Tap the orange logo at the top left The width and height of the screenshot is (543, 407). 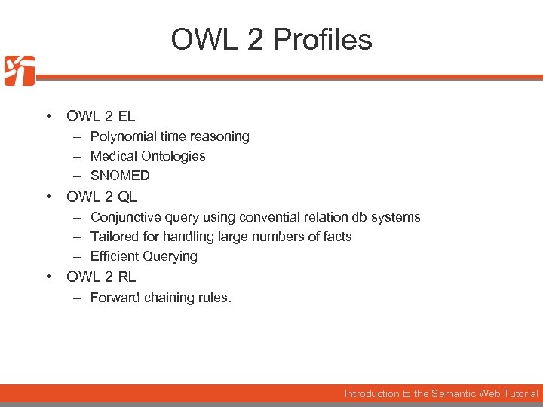point(19,71)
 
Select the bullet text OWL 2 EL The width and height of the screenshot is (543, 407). point(101,116)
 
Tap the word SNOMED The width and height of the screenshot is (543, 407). point(120,176)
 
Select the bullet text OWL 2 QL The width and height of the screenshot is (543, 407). point(101,197)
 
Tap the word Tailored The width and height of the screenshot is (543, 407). point(114,237)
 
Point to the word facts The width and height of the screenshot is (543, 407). point(336,237)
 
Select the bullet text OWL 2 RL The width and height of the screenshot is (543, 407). point(101,277)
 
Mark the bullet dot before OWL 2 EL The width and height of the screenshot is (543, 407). point(48,116)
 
